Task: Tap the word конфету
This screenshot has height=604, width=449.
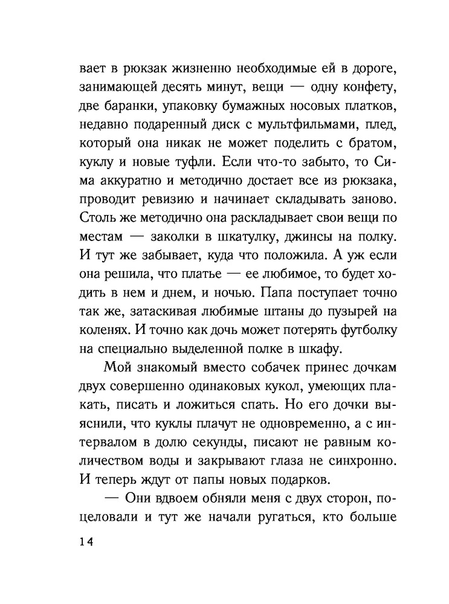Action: point(361,88)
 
